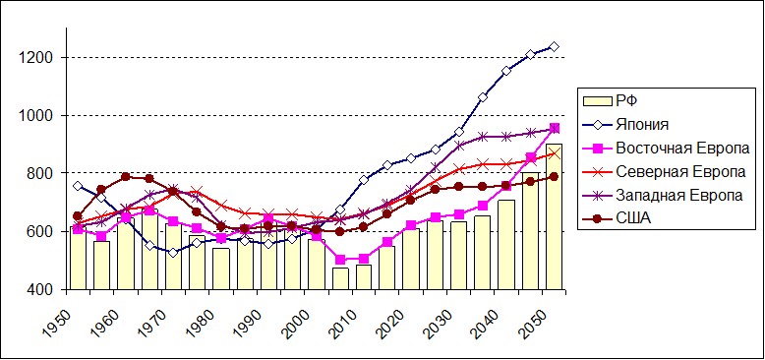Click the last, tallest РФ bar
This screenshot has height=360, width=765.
[x=554, y=216]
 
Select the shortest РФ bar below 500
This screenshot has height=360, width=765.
[x=340, y=278]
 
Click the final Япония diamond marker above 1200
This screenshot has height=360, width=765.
[x=554, y=47]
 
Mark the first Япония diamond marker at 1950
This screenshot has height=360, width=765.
[x=78, y=186]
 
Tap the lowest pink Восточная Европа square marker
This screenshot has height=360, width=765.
[x=340, y=260]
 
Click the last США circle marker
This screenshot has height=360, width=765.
[x=554, y=177]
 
